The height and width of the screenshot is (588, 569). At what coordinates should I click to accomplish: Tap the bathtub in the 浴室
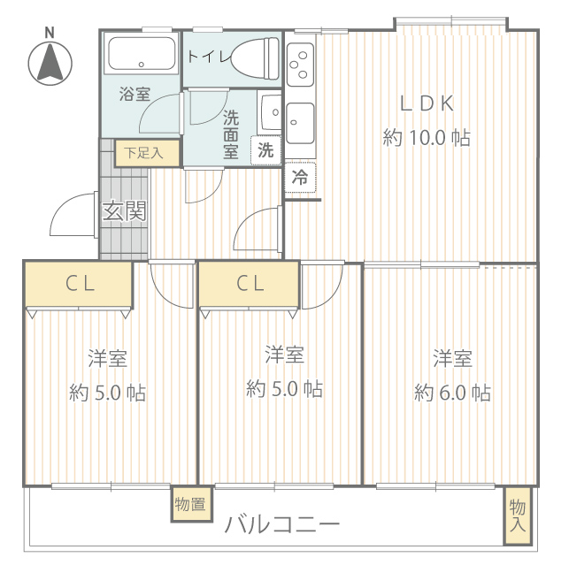coord(141,53)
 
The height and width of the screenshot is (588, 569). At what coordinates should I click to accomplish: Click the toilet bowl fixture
coord(256,58)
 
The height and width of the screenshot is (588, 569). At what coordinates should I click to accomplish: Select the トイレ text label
coord(208,57)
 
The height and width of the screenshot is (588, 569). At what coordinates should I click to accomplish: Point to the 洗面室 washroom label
coord(231,134)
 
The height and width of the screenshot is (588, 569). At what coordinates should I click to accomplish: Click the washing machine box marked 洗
coord(265,150)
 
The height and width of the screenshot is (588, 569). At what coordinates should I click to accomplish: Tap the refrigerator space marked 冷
coord(300,177)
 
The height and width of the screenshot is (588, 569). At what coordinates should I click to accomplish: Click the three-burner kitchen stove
coord(300,65)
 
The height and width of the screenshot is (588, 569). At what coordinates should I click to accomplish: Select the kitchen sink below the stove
coord(300,123)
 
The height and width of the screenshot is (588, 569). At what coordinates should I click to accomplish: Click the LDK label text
coord(427,103)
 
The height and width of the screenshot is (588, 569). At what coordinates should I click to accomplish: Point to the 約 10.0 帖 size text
coord(427,138)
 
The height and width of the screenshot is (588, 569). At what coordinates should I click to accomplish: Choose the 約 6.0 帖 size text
coord(452,393)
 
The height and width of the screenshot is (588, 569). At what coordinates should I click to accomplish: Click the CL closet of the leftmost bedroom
coord(79,284)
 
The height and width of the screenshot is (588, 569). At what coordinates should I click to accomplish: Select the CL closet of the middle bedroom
coord(249,284)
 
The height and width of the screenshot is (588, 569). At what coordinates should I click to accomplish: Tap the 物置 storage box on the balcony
coord(191,504)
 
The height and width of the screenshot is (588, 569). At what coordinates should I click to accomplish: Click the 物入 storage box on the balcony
coord(518,515)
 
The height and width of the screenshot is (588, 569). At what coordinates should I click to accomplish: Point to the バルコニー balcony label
coord(282,524)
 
